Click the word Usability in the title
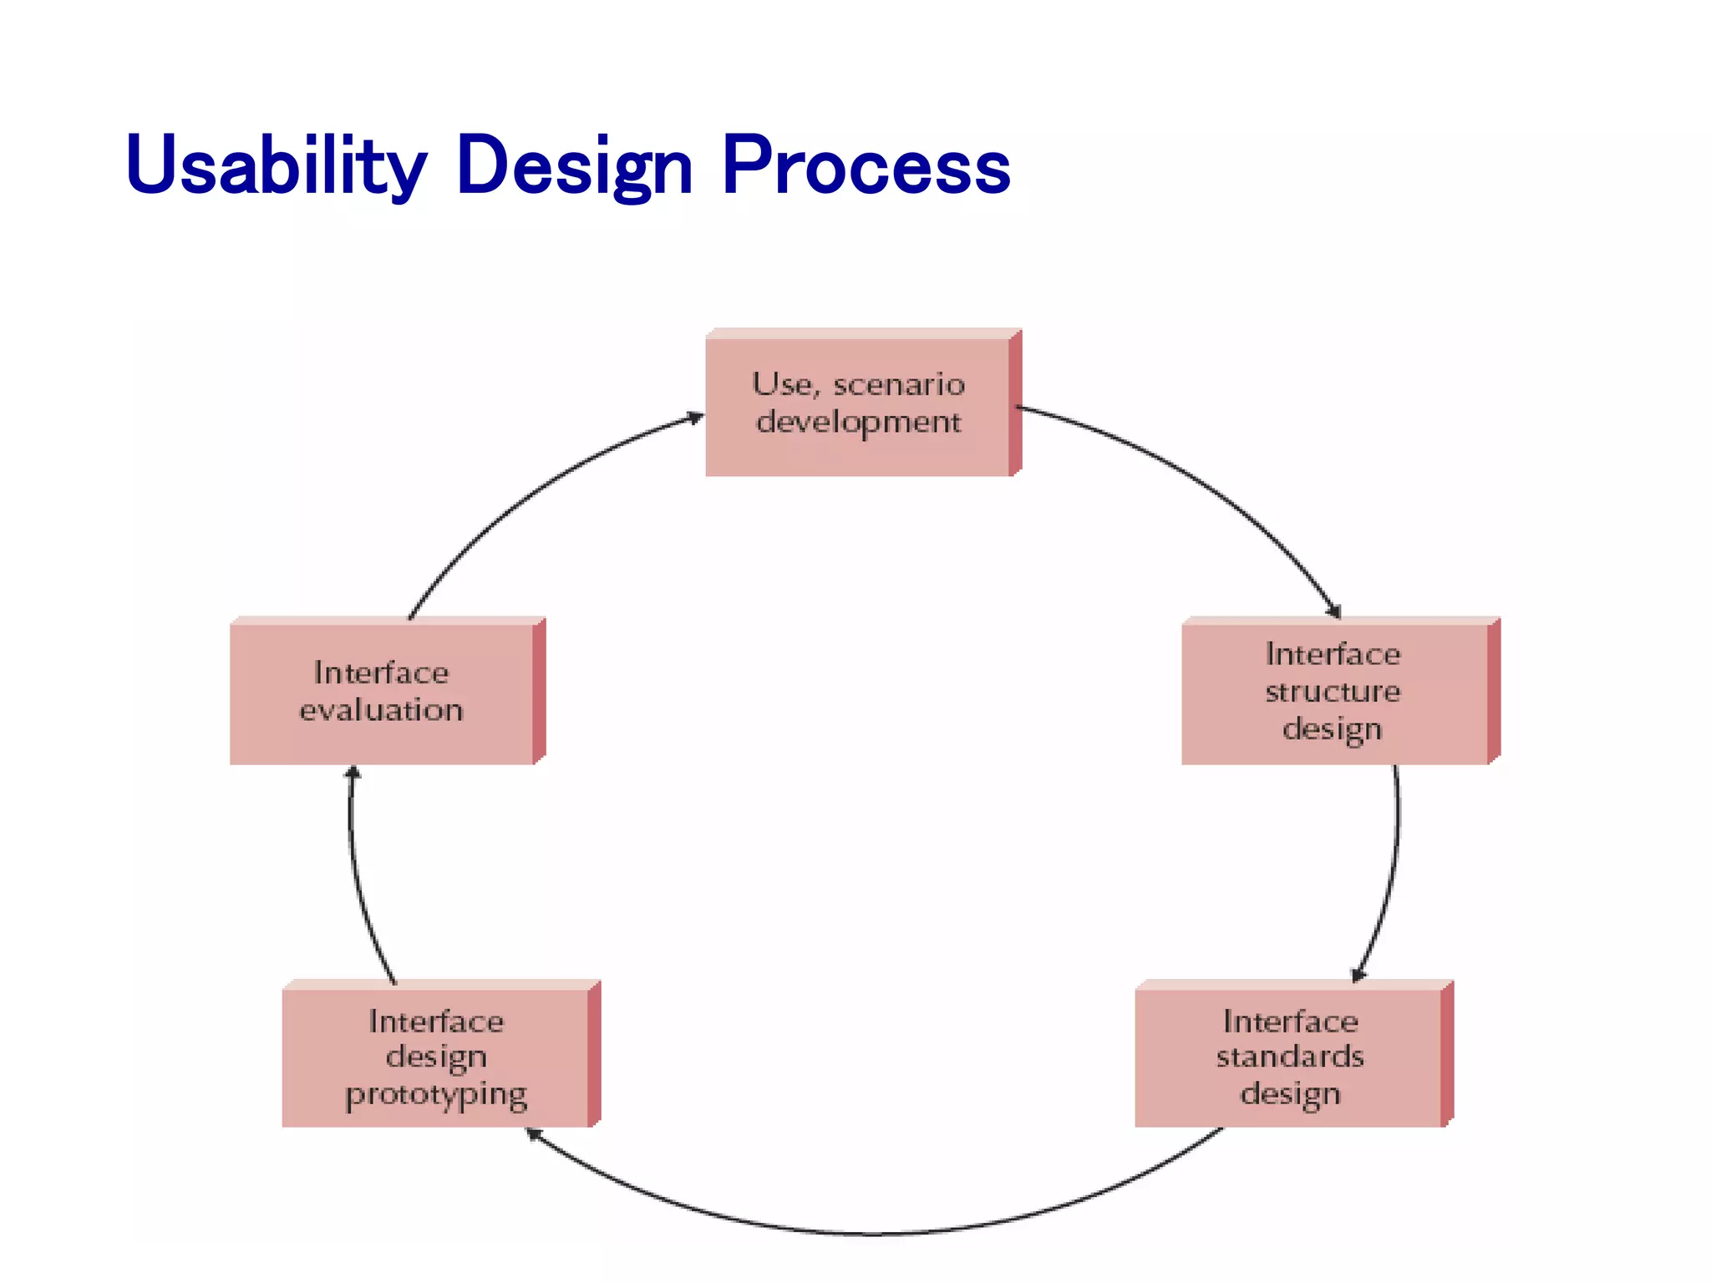click(x=276, y=165)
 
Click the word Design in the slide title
click(x=575, y=165)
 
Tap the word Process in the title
click(x=866, y=165)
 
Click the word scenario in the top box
click(x=899, y=385)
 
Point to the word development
click(x=859, y=423)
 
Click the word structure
click(x=1333, y=692)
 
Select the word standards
click(x=1290, y=1057)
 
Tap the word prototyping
click(x=436, y=1095)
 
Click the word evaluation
click(x=381, y=711)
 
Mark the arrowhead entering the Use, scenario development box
click(x=695, y=418)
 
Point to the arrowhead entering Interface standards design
click(x=1358, y=974)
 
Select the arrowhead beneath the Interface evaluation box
click(x=353, y=773)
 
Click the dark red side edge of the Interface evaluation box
click(x=540, y=692)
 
